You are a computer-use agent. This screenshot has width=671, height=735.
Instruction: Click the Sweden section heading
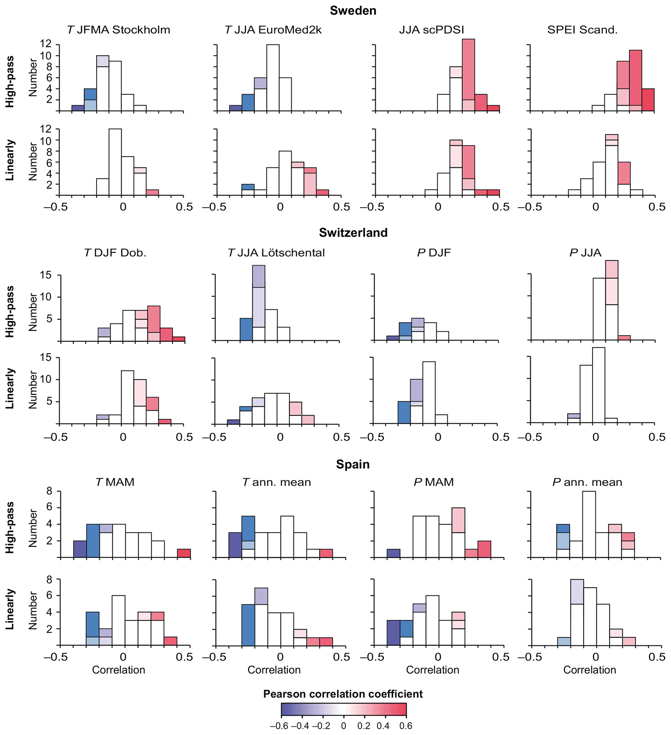(353, 11)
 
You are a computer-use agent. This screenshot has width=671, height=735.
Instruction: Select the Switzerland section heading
(353, 233)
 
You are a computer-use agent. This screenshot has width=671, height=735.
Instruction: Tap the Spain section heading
(353, 464)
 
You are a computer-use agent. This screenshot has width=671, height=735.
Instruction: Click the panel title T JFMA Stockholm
(118, 30)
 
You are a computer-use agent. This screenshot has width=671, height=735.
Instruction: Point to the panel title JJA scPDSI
(431, 30)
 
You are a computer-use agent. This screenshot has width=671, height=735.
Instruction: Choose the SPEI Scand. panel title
(582, 30)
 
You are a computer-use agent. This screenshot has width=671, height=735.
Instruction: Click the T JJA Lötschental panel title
(276, 253)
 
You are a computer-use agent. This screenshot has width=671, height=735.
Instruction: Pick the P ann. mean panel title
(587, 482)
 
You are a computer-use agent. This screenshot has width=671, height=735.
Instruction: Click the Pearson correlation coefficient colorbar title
(343, 694)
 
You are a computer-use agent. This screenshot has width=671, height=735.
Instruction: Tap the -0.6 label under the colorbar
(279, 726)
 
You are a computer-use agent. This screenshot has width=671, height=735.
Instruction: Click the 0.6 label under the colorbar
(406, 726)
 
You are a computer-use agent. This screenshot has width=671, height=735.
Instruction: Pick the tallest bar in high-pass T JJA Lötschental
(258, 303)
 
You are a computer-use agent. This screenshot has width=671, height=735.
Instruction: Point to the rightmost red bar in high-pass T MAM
(184, 553)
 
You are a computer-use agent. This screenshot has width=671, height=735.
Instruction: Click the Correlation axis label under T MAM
(118, 670)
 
